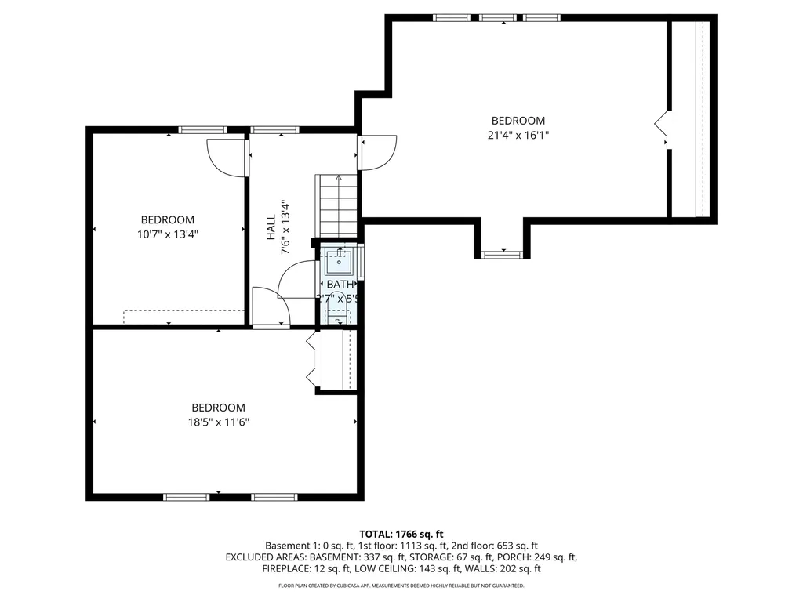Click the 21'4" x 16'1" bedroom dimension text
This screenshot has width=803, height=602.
click(518, 135)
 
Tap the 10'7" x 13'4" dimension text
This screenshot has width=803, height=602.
click(167, 234)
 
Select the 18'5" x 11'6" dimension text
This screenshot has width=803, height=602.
click(218, 422)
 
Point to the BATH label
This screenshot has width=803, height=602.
click(340, 284)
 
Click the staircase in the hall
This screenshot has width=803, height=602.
click(338, 205)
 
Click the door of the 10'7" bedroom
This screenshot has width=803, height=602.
click(226, 157)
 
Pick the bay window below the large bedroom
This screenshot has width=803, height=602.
click(501, 254)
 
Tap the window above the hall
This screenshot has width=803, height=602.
click(274, 129)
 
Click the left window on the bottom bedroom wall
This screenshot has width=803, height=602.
click(186, 496)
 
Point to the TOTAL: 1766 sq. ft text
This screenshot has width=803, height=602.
click(401, 534)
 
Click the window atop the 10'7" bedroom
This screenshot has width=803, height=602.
click(202, 129)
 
